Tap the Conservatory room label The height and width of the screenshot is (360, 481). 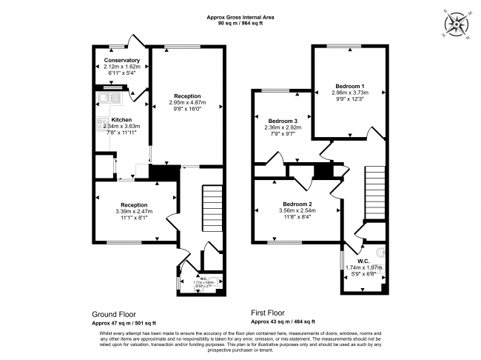(122, 60)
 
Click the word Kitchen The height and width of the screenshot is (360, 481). (122, 119)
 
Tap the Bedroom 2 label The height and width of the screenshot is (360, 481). (297, 204)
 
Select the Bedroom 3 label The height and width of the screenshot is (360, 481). (283, 121)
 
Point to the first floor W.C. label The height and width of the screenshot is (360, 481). (363, 260)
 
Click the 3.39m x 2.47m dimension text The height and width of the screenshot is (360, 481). (134, 211)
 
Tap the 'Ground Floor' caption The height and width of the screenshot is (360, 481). (113, 314)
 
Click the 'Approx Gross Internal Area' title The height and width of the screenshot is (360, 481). (240, 17)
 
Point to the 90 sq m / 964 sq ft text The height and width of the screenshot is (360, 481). (240, 24)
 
